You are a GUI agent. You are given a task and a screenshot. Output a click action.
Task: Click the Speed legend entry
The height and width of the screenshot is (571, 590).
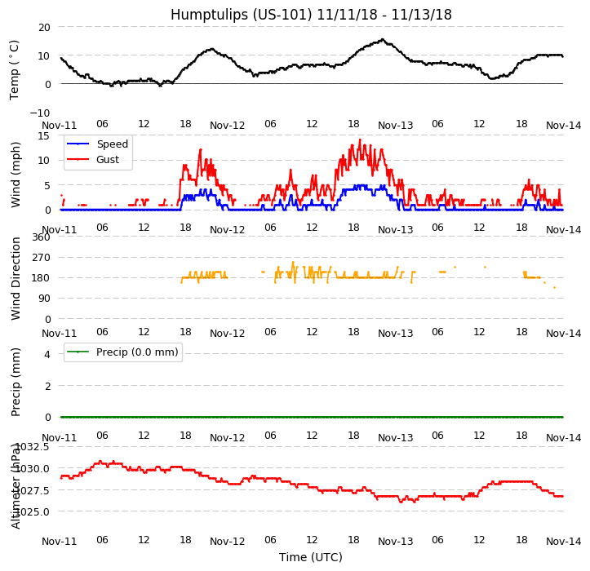(112, 144)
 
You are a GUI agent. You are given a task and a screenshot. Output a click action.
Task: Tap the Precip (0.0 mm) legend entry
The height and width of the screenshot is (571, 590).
(131, 352)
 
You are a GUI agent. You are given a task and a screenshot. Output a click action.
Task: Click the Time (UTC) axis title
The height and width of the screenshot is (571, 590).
(311, 557)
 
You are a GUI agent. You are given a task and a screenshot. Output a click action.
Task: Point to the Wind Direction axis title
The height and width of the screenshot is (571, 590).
(16, 278)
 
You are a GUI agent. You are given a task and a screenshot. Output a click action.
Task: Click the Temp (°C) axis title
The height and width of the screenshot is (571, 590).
(16, 69)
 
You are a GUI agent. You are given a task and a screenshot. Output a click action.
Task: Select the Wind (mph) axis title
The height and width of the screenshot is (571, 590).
(16, 174)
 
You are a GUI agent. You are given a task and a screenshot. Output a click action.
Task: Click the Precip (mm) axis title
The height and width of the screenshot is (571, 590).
(16, 382)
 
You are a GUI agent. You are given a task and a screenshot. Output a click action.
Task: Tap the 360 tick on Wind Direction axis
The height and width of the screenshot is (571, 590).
(40, 237)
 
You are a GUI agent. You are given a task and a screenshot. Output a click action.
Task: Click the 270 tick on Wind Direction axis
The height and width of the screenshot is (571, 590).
(40, 258)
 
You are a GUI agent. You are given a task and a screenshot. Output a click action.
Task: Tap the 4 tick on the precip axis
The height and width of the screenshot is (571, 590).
(47, 354)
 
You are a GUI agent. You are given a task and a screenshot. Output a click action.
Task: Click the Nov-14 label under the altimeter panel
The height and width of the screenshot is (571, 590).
(564, 542)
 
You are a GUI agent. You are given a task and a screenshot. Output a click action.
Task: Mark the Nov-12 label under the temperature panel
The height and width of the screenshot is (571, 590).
(228, 126)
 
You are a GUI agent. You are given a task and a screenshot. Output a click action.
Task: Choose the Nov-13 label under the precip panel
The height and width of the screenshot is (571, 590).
(396, 438)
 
